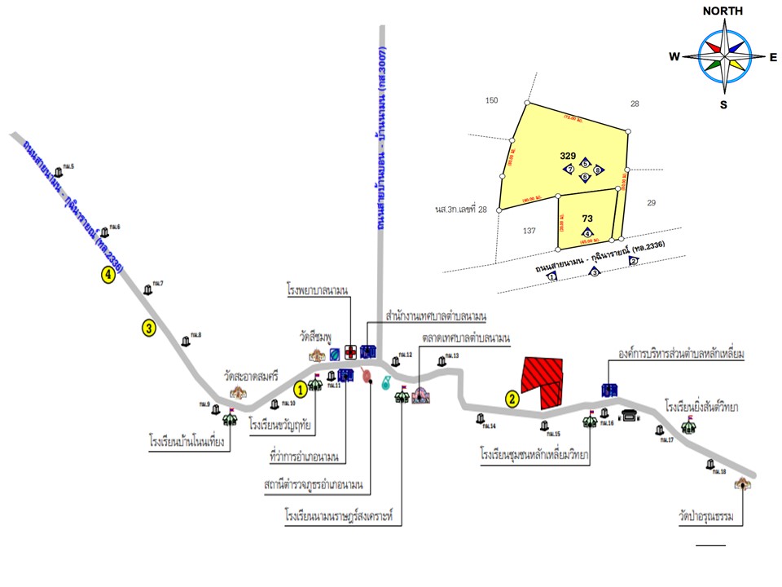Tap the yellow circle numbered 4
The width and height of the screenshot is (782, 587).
tap(108, 274)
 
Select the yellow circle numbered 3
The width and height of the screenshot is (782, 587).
tap(148, 329)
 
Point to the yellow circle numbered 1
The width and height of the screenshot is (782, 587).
tap(301, 389)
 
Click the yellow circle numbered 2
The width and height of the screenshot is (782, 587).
tap(512, 399)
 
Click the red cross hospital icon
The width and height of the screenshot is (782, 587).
tap(350, 352)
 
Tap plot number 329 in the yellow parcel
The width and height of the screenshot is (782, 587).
tap(569, 155)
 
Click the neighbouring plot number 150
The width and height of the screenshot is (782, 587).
tap(490, 100)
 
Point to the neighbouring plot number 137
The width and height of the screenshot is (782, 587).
tap(529, 231)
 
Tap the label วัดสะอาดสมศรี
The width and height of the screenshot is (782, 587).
tap(252, 377)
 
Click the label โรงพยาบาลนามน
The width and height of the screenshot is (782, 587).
tap(317, 290)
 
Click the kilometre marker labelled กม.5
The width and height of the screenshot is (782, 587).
tap(58, 170)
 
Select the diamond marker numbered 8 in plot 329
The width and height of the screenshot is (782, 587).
tap(598, 170)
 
